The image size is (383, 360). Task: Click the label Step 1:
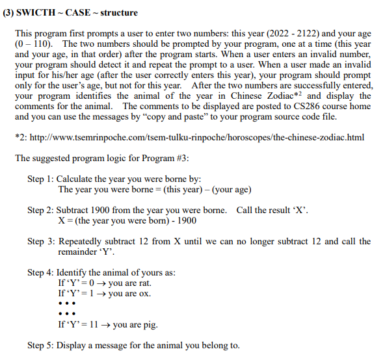(41, 179)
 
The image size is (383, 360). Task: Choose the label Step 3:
(41, 241)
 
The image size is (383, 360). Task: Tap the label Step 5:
(41, 345)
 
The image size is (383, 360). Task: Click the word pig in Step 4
(148, 324)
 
